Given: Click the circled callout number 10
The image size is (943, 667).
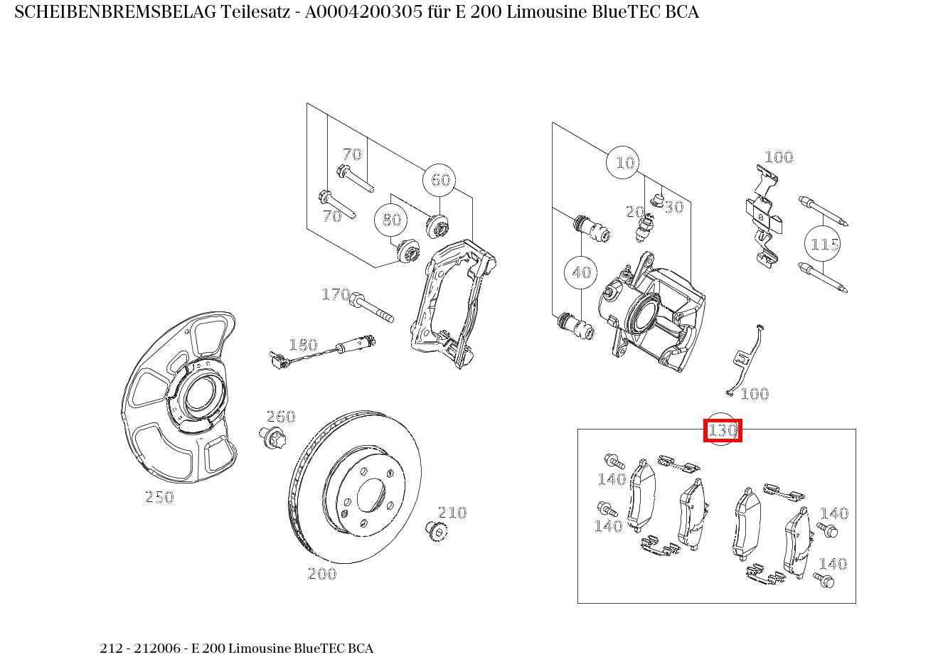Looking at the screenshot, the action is point(623,162).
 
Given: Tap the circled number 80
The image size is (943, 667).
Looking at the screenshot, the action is point(390,220).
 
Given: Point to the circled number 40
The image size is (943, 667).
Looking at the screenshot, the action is point(580,272).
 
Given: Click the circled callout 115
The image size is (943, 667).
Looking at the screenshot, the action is point(822,244).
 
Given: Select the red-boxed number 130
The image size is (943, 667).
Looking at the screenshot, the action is point(723,430).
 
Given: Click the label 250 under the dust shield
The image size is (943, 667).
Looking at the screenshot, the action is point(159,497).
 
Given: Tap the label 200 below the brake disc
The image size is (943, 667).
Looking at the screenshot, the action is point(322,574).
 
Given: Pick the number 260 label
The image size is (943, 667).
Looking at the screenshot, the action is point(281,417).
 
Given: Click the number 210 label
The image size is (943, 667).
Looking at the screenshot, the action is point(452,513).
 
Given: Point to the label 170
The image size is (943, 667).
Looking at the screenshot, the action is point(336,294).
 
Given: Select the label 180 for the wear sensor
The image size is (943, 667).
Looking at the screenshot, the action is point(303,345).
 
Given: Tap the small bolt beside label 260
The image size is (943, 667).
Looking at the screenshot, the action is point(272,438).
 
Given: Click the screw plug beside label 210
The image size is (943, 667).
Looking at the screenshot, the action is point(436,531).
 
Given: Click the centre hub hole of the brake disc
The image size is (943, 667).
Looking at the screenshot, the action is point(371,495).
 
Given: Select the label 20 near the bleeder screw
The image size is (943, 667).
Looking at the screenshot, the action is point(634,212).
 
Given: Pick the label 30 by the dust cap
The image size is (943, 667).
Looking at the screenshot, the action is point(674,207).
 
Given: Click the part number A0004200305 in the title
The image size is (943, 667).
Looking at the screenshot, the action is point(363,12).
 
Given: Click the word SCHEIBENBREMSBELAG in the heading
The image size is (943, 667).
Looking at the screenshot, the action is point(115,12).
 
